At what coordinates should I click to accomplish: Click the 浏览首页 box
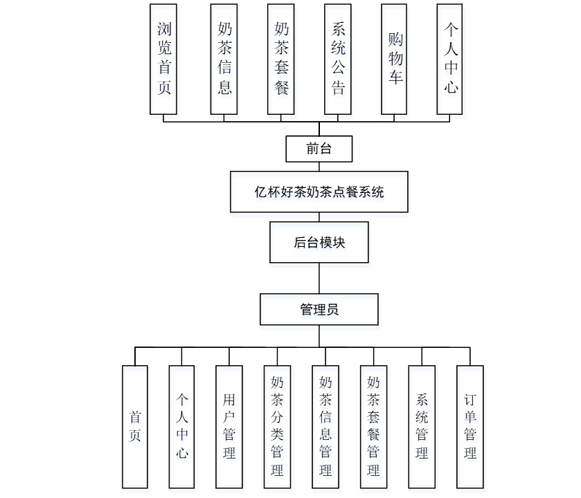(x=164, y=59)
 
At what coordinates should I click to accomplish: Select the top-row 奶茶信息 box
(x=224, y=59)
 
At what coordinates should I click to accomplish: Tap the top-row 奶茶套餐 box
(x=281, y=59)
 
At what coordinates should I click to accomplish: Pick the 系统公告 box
(x=338, y=59)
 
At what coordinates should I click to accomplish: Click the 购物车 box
(x=395, y=59)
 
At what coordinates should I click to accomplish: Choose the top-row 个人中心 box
(x=451, y=59)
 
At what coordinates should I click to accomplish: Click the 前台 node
(x=319, y=148)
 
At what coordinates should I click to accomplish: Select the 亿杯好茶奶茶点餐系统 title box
(x=319, y=192)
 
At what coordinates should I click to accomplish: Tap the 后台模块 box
(x=319, y=243)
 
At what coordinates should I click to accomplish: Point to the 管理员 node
(x=319, y=309)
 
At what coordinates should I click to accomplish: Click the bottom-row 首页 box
(x=135, y=427)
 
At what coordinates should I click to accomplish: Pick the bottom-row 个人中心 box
(x=182, y=427)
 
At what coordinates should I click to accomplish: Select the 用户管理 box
(x=229, y=427)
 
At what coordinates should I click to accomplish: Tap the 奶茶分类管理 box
(x=277, y=427)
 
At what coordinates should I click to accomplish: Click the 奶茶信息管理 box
(x=325, y=427)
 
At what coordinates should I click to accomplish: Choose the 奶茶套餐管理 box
(x=373, y=427)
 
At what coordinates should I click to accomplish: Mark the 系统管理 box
(x=422, y=427)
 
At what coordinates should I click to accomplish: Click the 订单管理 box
(x=470, y=427)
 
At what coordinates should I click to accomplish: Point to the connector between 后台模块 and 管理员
(x=319, y=278)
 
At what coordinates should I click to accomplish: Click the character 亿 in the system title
(x=260, y=192)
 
